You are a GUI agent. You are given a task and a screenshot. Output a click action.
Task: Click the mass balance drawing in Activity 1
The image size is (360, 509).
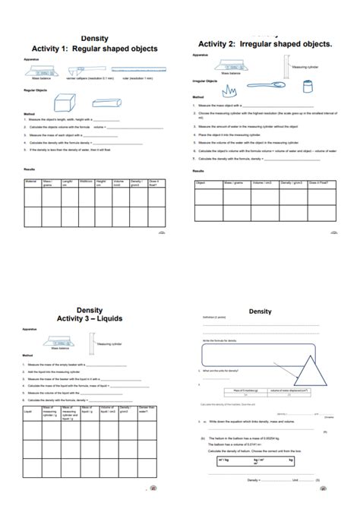40,70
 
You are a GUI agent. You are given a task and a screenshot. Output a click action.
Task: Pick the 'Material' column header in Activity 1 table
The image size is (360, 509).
31,181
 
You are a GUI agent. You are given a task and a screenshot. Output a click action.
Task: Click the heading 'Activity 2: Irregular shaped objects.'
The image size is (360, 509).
265,44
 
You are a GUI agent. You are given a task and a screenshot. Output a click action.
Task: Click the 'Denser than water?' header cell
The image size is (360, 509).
148,411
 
